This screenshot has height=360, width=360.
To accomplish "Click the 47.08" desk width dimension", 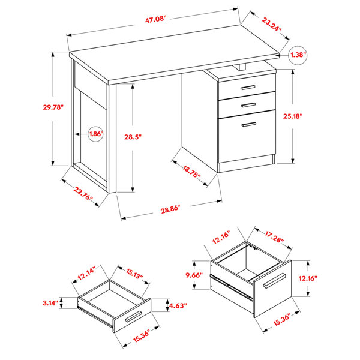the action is point(155,19).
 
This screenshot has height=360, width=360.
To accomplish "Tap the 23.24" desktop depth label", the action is point(271,24).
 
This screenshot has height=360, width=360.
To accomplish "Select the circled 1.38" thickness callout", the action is point(298,55).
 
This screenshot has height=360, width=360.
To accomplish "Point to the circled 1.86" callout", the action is point(95,134).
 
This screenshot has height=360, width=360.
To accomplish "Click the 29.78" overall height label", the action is point(53,107).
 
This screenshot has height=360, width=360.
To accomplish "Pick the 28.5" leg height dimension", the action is point(133,137).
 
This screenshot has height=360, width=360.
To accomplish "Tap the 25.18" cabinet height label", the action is point(292,116).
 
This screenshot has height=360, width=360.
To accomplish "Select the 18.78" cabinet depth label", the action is point(191,172).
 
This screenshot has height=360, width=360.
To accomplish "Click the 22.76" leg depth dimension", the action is point(83,193).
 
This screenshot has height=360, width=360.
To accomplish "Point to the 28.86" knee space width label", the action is point(170,209).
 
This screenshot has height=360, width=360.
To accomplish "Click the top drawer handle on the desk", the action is point(248,88).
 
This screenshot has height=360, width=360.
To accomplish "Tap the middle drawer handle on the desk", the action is point(248,105).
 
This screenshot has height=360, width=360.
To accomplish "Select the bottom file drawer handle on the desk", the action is point(249,124).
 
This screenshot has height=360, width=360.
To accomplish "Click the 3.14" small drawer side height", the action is point(50,303).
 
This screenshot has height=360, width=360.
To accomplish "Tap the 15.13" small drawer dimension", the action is point(134,274).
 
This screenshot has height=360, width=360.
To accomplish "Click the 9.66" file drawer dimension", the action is point(194,275).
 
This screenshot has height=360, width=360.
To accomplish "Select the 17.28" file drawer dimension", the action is point(274,237).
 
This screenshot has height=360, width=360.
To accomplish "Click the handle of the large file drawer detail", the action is point(274,280).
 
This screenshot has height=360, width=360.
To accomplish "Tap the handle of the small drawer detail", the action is point(133,317).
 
